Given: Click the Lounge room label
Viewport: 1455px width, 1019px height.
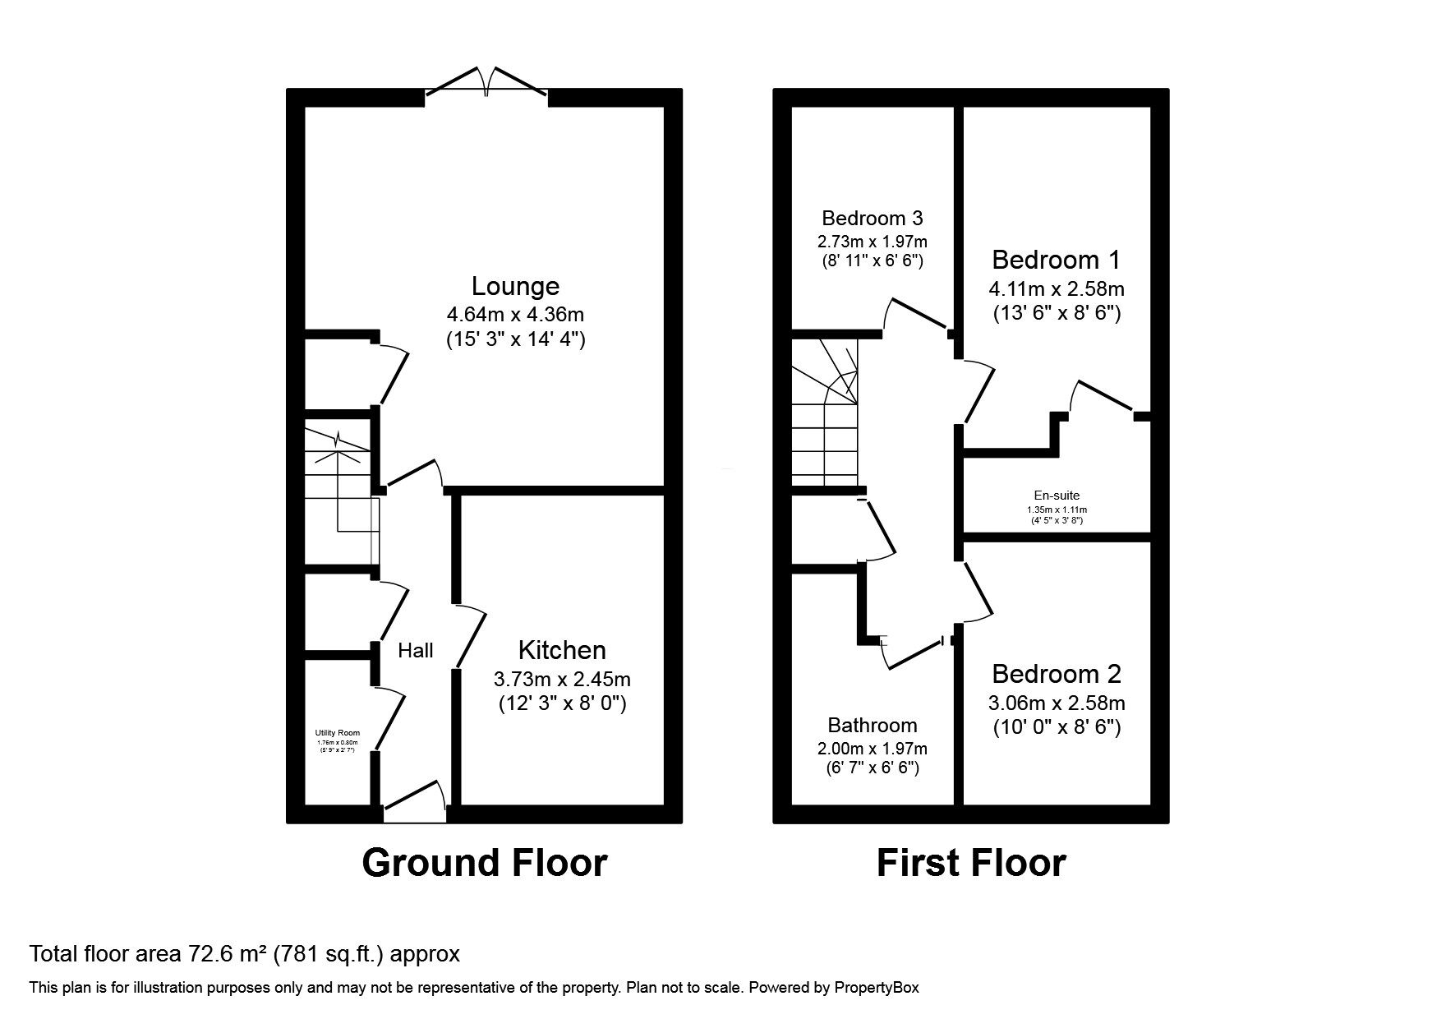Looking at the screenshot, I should (515, 286).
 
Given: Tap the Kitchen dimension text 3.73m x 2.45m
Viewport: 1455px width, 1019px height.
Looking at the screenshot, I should (562, 680).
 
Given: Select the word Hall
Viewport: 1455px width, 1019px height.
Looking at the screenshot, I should (416, 651).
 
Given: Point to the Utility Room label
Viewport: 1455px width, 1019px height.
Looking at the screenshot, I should (338, 733).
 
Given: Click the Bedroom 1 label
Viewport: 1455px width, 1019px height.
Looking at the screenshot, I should (1056, 261).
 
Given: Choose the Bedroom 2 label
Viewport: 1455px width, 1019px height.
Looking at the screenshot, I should (1056, 674).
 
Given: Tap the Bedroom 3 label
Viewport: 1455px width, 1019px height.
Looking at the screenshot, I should (873, 218).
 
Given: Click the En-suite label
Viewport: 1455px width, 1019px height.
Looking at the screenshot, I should (1057, 496).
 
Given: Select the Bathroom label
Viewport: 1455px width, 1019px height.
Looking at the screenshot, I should (873, 725).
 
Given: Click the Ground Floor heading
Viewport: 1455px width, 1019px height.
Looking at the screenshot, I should (484, 863).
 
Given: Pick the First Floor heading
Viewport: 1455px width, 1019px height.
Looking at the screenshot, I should (971, 863).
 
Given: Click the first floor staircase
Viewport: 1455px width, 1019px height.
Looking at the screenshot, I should (824, 415).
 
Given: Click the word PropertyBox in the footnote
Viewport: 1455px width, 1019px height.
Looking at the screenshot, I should (877, 987).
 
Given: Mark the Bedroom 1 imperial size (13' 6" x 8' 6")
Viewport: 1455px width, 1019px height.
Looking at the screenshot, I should (1056, 312).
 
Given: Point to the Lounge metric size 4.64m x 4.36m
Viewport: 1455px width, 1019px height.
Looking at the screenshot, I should (515, 314).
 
